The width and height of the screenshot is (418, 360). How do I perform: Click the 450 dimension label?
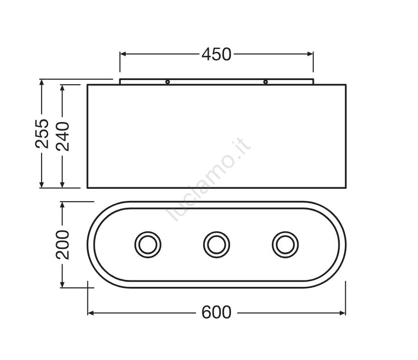tap(216, 54)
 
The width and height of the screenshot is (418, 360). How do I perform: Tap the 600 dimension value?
tap(216, 312)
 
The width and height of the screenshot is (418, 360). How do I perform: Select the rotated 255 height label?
tap(42, 134)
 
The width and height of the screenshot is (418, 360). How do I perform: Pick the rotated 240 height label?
tap(62, 136)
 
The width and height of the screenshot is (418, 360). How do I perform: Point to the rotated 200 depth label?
tap(62, 245)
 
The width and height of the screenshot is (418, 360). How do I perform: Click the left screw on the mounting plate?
tap(168, 82)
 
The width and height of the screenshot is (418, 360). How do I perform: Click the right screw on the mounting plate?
tap(265, 82)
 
